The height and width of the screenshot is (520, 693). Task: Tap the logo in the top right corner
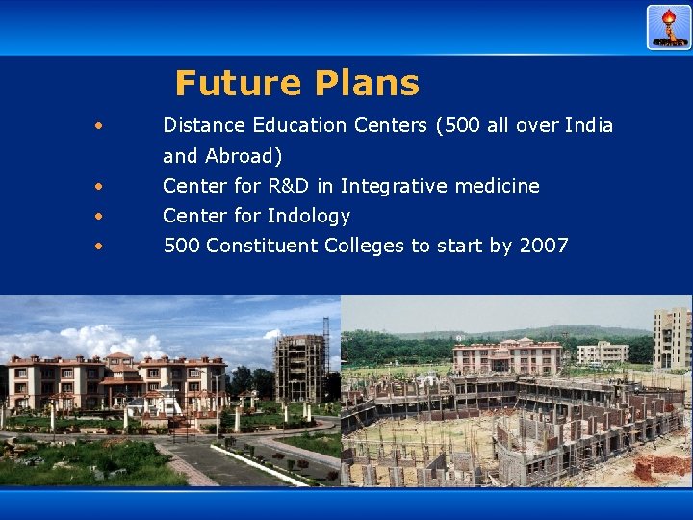(x=669, y=27)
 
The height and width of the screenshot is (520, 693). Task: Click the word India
(x=588, y=125)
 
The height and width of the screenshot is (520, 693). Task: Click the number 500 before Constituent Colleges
(x=181, y=246)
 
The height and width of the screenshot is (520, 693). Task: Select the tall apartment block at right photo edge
(x=672, y=337)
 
